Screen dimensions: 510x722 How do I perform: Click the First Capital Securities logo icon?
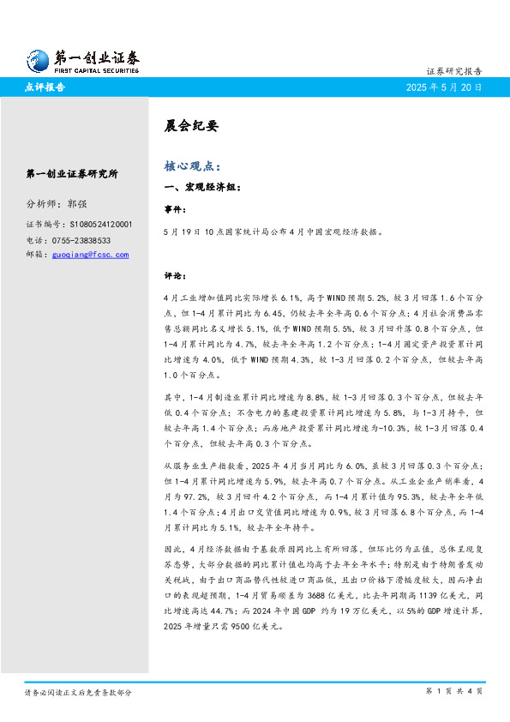click(x=37, y=59)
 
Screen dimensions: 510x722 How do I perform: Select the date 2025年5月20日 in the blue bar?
click(x=444, y=87)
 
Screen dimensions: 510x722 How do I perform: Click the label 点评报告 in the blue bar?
click(x=45, y=87)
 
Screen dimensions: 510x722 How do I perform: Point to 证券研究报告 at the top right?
click(x=453, y=71)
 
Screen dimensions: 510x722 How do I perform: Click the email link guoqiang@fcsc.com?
click(x=90, y=255)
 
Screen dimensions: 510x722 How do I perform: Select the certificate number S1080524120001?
click(x=99, y=224)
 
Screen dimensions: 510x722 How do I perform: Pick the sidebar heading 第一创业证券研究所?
click(x=72, y=173)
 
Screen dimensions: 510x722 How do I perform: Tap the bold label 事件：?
click(x=174, y=208)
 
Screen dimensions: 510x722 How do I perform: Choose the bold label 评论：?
click(x=174, y=276)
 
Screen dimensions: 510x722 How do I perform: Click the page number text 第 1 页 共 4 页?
click(x=453, y=691)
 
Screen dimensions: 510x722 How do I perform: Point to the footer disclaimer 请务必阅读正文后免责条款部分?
click(x=78, y=691)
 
